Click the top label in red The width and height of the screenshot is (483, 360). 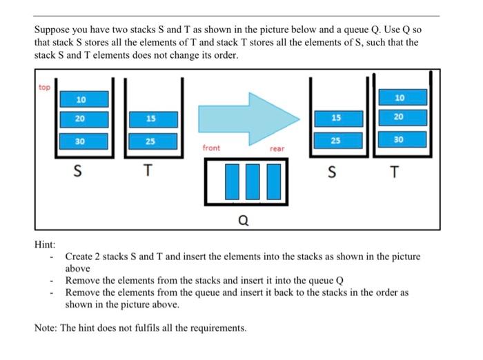[x=45, y=88]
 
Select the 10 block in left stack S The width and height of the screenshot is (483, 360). [x=81, y=99]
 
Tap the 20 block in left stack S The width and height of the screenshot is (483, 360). [x=81, y=119]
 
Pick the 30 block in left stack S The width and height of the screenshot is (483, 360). [x=81, y=141]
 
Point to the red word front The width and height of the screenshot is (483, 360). [x=212, y=148]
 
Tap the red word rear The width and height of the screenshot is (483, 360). [x=277, y=148]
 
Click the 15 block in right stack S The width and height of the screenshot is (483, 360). [x=335, y=118]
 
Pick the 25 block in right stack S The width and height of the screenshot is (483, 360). [x=335, y=141]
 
